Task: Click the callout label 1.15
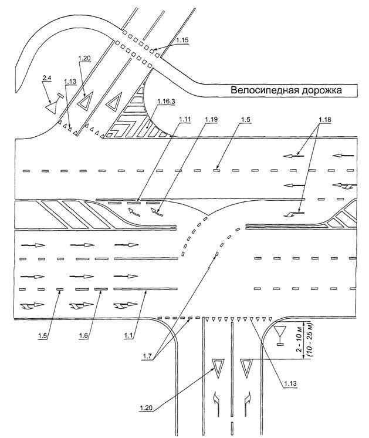pos(182,41)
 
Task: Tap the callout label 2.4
pos(46,79)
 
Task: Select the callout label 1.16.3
pos(166,102)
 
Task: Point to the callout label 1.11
pos(185,120)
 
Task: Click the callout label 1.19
pos(211,120)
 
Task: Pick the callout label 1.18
pos(325,120)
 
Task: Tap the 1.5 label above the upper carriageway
pos(245,120)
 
